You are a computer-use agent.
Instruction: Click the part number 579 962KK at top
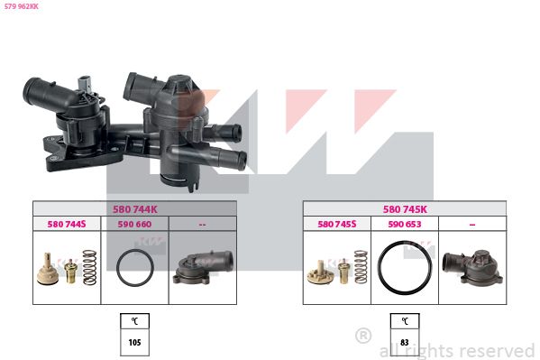point(22,6)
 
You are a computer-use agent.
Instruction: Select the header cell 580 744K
point(134,209)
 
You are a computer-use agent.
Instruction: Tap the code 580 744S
point(67,224)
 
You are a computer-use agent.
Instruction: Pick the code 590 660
point(134,224)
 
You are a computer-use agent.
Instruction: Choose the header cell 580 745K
point(405,209)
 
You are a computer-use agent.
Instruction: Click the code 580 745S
point(337,224)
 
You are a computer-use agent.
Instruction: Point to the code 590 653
point(405,224)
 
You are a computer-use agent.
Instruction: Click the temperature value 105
point(134,343)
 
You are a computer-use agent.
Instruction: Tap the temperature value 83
point(405,343)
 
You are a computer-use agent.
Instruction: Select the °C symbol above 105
point(134,321)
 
